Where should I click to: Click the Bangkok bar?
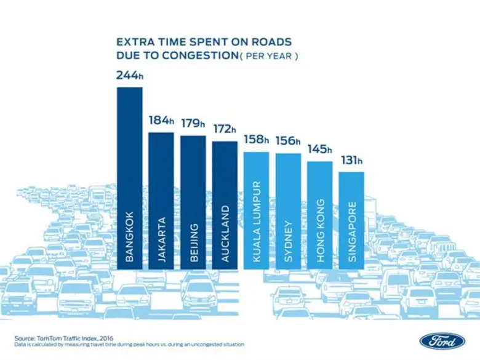(x=129, y=178)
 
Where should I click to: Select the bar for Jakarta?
(x=161, y=201)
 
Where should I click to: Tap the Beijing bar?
(x=193, y=202)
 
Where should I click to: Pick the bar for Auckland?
(x=225, y=205)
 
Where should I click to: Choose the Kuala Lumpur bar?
(x=257, y=210)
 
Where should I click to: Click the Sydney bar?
(x=288, y=211)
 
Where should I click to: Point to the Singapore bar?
(x=351, y=220)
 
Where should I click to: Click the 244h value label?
(x=130, y=76)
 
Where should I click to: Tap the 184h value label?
(x=161, y=120)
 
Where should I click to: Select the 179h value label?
(x=193, y=123)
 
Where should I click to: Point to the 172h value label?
(x=225, y=129)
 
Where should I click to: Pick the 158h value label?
(x=257, y=139)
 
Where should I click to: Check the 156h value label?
(x=288, y=141)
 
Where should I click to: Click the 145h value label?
(x=320, y=149)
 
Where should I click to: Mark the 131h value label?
(x=351, y=161)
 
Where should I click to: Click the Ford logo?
(x=439, y=340)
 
